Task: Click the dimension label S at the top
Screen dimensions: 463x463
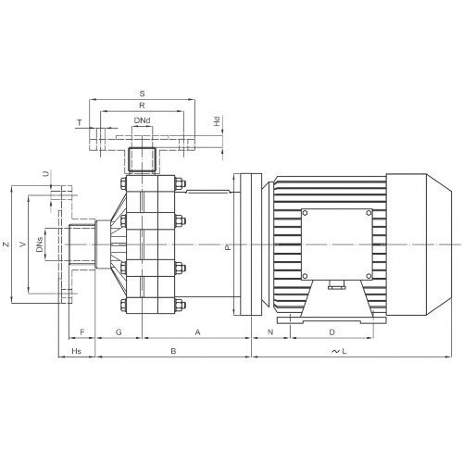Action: pos(142,94)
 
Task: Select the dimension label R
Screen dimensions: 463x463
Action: pos(142,106)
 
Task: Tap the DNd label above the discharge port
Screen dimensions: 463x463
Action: pos(142,120)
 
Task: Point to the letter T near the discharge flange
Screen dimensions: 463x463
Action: pos(80,123)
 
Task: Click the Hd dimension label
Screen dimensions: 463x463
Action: pos(217,121)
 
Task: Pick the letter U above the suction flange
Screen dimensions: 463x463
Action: pos(46,174)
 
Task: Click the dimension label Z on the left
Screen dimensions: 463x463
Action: pos(6,244)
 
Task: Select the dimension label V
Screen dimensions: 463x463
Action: pos(22,244)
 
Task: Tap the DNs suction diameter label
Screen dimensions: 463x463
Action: pos(40,244)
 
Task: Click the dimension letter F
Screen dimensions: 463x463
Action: pos(82,332)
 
